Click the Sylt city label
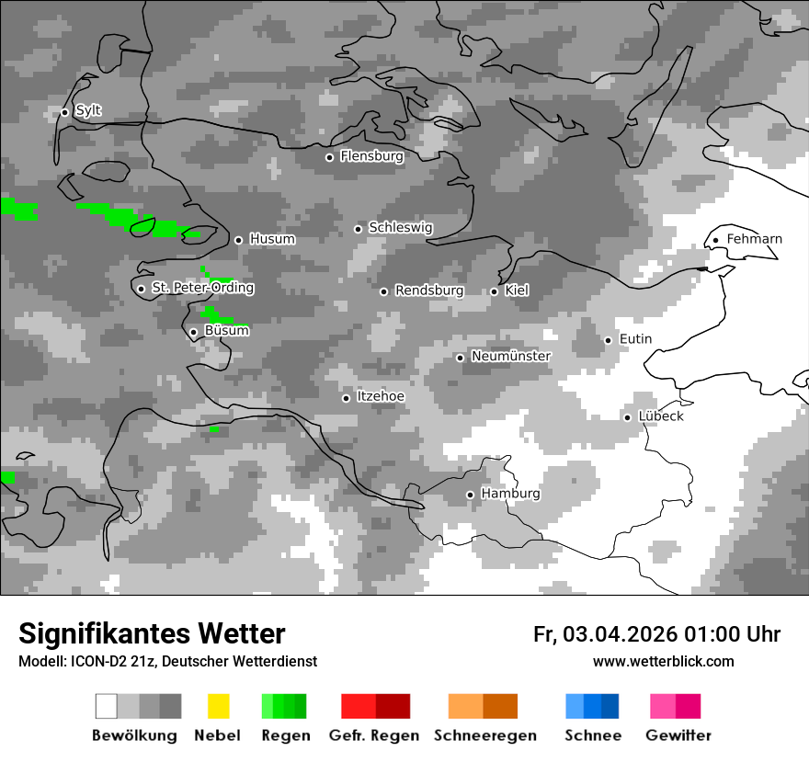point(88,111)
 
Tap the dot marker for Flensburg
point(329,157)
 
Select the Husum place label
point(272,240)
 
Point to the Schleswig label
point(400,228)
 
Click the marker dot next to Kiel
point(494,291)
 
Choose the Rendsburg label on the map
point(428,291)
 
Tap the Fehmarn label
point(754,240)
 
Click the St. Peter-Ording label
point(202,289)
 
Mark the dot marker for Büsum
point(193,332)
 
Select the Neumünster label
point(510,357)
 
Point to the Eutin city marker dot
point(608,340)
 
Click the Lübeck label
point(661,416)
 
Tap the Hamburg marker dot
point(470,495)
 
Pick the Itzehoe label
point(381,397)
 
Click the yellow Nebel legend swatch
point(218,706)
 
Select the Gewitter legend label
point(678,735)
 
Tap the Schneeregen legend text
point(485,735)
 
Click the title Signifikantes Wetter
point(152,634)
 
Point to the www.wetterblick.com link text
point(663,662)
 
